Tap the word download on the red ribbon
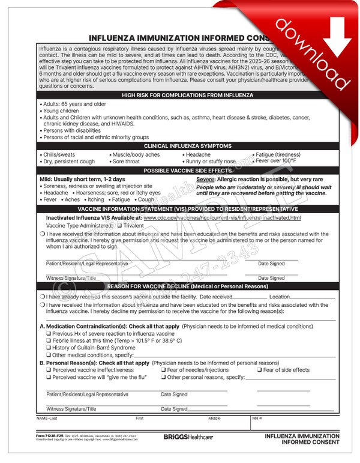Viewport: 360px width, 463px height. pos(312,47)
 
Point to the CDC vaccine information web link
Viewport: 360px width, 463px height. pos(222,217)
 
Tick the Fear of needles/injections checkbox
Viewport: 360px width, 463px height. pos(164,370)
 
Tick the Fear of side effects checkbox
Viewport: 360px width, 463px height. pos(260,370)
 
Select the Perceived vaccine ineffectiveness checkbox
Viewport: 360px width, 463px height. pos(49,370)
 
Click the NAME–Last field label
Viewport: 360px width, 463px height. pos(47,417)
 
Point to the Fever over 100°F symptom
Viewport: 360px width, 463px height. pos(275,162)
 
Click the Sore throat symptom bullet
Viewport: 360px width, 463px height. pos(126,162)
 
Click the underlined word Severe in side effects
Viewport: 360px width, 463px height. pos(206,180)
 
